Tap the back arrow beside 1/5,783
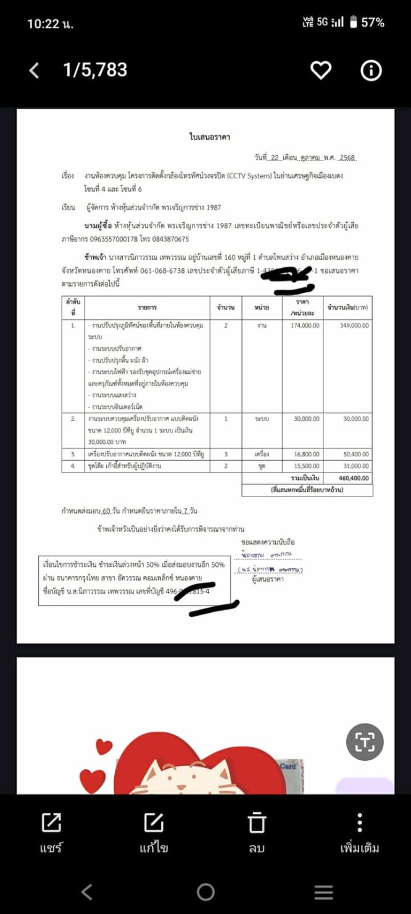tap(35, 71)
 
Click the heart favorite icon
tap(320, 71)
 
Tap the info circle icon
tap(371, 71)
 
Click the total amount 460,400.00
tap(353, 478)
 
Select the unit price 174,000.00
tap(305, 325)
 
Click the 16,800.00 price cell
tap(305, 454)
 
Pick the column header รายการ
tap(147, 307)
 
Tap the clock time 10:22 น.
tap(50, 23)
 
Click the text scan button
tap(365, 742)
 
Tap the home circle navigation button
tap(205, 892)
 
